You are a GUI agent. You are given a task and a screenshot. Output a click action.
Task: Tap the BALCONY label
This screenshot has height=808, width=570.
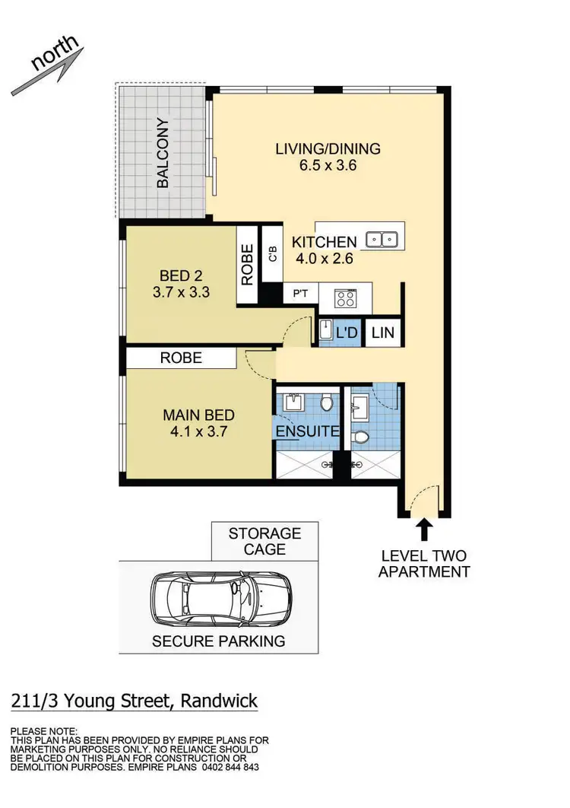point(163,153)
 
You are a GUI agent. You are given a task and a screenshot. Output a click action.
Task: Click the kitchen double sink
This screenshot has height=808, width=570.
point(382,240)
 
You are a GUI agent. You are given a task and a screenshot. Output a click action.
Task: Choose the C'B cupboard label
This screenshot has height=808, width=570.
point(271,253)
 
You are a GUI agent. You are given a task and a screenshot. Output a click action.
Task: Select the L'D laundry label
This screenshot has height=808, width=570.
point(347,333)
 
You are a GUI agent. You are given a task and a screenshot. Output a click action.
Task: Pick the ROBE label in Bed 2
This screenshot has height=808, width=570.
point(248,265)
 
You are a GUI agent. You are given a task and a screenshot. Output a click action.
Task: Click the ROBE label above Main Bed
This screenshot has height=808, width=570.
point(181,358)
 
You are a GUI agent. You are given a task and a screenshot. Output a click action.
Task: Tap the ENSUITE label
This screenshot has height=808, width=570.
point(307,431)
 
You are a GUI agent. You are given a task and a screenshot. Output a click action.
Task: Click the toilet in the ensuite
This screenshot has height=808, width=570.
point(327,402)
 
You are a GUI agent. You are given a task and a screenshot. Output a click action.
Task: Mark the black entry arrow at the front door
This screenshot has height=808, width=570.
point(424,528)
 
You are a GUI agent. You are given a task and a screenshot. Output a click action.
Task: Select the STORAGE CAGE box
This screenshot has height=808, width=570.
point(264,542)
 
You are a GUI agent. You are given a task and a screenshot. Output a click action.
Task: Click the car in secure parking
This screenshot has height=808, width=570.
point(217,600)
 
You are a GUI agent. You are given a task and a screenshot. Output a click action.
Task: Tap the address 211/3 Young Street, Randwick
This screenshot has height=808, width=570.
point(135,701)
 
